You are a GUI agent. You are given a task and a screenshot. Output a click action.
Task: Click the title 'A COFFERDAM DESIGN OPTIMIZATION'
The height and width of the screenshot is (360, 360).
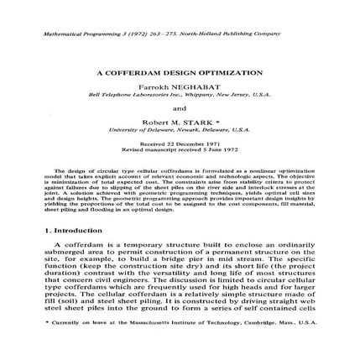pyautogui.click(x=180, y=73)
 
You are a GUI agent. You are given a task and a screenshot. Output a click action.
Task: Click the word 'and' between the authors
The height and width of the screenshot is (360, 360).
pyautogui.click(x=180, y=107)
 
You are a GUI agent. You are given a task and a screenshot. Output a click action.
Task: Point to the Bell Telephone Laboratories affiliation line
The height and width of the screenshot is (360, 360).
pyautogui.click(x=180, y=94)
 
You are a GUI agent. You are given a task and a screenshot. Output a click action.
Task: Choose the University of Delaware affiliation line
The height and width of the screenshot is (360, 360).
pyautogui.click(x=180, y=130)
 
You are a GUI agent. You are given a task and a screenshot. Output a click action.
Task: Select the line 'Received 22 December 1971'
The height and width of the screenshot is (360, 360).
pyautogui.click(x=180, y=143)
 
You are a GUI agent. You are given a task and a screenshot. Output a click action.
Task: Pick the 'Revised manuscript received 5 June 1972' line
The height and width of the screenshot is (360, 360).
pyautogui.click(x=180, y=149)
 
